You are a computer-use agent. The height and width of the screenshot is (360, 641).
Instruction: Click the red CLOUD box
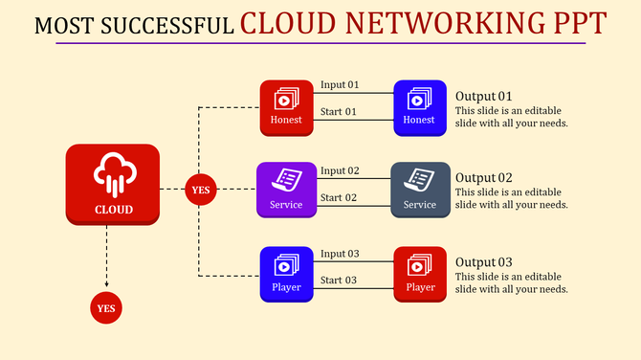click(x=113, y=185)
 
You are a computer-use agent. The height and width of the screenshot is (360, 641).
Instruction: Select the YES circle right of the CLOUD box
click(x=200, y=190)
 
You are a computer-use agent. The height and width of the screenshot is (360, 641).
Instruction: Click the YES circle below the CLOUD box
click(x=106, y=308)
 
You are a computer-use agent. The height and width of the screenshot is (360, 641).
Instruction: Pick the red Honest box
click(x=287, y=107)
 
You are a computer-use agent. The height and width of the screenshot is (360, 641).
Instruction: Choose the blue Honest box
click(x=419, y=107)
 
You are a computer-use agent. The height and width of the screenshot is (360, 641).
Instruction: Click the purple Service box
click(x=286, y=190)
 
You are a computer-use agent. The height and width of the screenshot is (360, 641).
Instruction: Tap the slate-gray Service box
click(x=420, y=190)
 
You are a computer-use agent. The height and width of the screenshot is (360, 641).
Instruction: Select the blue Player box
click(x=287, y=274)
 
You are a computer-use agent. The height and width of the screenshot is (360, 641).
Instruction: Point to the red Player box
click(x=420, y=274)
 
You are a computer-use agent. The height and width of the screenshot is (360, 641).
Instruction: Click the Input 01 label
click(x=340, y=85)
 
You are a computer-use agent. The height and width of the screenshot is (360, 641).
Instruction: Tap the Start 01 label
click(x=338, y=112)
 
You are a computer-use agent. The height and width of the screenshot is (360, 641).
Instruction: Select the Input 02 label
click(x=340, y=170)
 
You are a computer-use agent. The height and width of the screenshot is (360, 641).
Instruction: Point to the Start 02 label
click(x=339, y=198)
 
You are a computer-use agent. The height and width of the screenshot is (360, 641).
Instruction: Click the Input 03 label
click(x=340, y=254)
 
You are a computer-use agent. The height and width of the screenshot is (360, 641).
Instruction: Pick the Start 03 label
click(x=339, y=281)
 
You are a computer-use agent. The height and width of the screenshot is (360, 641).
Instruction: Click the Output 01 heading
click(x=484, y=96)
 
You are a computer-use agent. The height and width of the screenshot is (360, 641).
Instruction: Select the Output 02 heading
click(x=484, y=178)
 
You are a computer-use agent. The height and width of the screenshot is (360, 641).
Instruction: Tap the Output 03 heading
click(x=484, y=262)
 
